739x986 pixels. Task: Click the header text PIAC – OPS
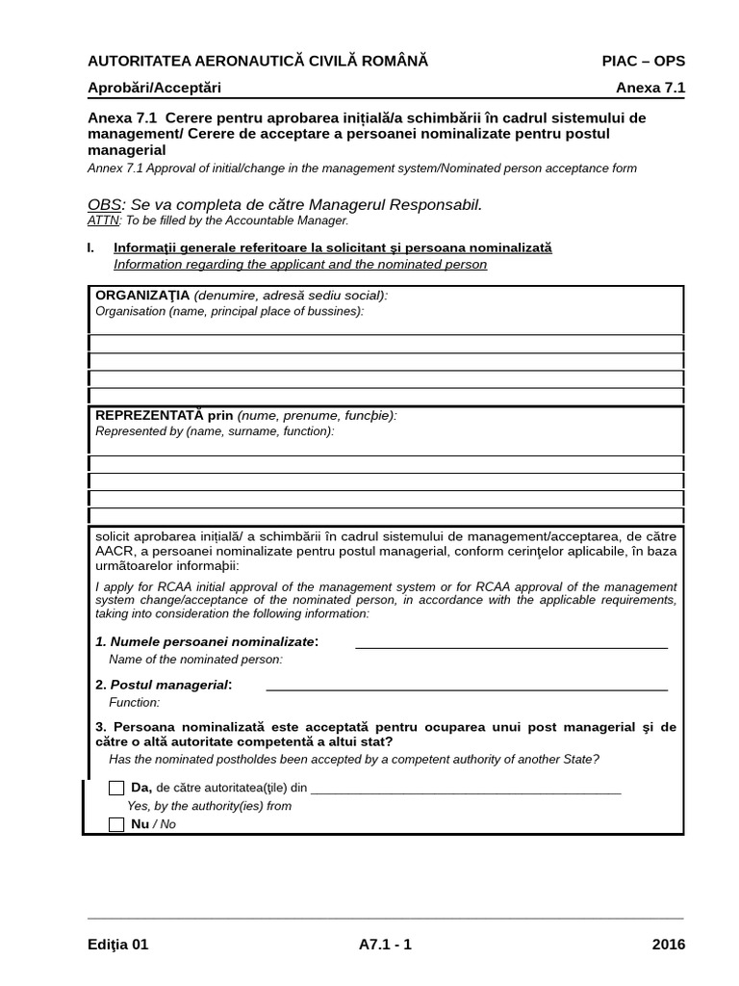[x=643, y=62]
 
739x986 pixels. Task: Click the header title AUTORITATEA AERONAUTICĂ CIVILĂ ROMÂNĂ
[x=257, y=62]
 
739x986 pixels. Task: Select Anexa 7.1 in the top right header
[x=650, y=88]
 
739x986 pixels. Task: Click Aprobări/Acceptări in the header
[x=154, y=88]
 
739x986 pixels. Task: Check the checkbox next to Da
[x=116, y=788]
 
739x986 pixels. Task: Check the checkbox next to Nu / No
[x=116, y=824]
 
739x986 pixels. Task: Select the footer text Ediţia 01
[x=118, y=945]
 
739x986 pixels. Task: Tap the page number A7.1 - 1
[x=384, y=945]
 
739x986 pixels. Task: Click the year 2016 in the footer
[x=668, y=945]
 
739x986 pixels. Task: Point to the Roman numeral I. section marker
[x=90, y=247]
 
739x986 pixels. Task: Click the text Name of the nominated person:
[x=195, y=660]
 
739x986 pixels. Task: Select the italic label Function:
[x=134, y=703]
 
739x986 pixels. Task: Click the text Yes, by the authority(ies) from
[x=209, y=806]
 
